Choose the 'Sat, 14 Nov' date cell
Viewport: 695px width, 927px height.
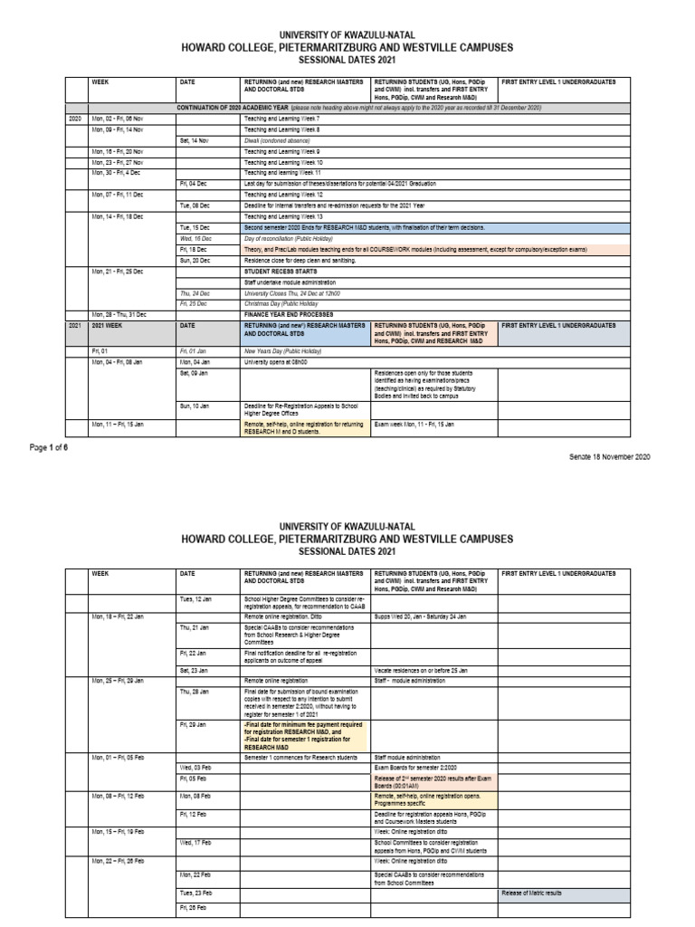pyautogui.click(x=195, y=141)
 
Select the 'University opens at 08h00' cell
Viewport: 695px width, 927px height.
pyautogui.click(x=275, y=361)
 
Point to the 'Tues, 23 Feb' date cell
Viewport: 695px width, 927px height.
pyautogui.click(x=195, y=894)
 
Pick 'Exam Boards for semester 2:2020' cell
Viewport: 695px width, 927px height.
pyautogui.click(x=413, y=767)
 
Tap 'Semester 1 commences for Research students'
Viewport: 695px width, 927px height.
pyautogui.click(x=298, y=756)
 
